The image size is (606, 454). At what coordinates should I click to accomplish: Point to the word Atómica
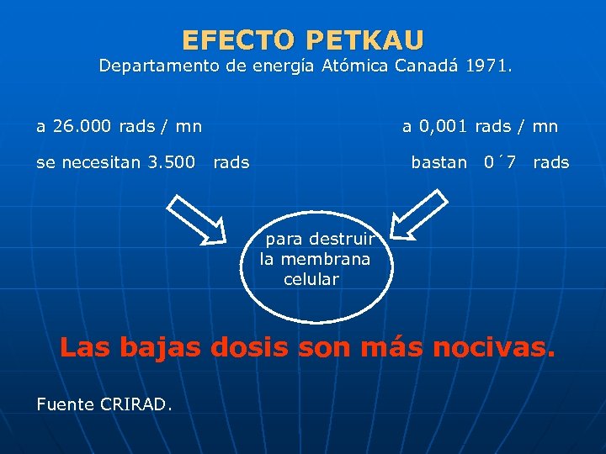352,66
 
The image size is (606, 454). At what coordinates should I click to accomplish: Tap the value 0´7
500,162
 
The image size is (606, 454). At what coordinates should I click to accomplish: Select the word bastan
439,162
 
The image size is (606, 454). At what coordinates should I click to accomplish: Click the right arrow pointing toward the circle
420,215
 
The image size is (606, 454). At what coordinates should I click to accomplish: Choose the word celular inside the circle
311,279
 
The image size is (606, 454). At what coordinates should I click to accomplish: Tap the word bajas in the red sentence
162,347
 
